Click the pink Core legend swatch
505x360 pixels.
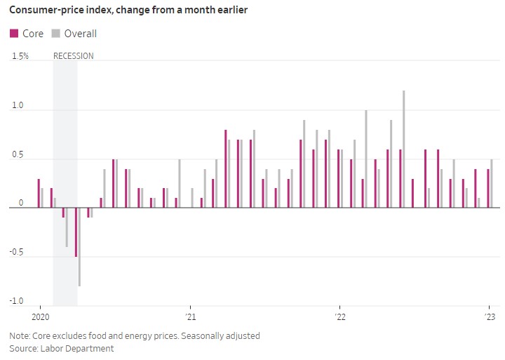coord(14,34)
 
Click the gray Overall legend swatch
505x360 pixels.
coord(56,34)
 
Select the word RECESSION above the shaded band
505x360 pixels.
coord(74,56)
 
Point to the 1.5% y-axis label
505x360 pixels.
coord(20,56)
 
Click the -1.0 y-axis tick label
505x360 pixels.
coord(15,302)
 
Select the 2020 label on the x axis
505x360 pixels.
coord(39,316)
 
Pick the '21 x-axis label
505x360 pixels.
coord(189,316)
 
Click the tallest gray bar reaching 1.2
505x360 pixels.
coord(403,149)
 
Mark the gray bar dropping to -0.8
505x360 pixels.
coord(79,246)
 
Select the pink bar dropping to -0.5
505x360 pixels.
coord(76,232)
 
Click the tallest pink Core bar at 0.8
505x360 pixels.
coord(226,168)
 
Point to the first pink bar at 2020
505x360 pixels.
coord(39,193)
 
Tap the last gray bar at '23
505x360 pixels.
coord(492,183)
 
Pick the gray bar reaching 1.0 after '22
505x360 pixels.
coord(366,159)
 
